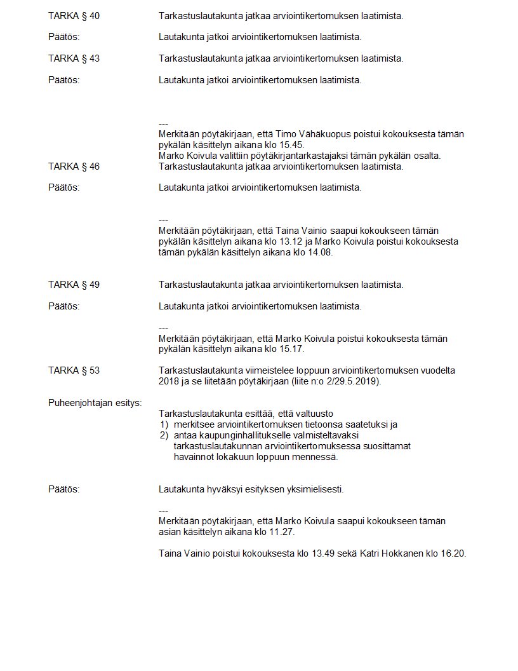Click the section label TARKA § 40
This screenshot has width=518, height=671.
(x=74, y=15)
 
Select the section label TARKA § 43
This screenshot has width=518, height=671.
(x=74, y=58)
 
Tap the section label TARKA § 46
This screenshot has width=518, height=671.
(x=74, y=166)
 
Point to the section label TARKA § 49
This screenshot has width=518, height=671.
(x=74, y=285)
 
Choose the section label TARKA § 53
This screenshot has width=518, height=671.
(x=74, y=370)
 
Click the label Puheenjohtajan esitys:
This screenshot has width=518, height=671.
(x=95, y=403)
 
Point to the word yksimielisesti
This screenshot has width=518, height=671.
(x=312, y=489)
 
